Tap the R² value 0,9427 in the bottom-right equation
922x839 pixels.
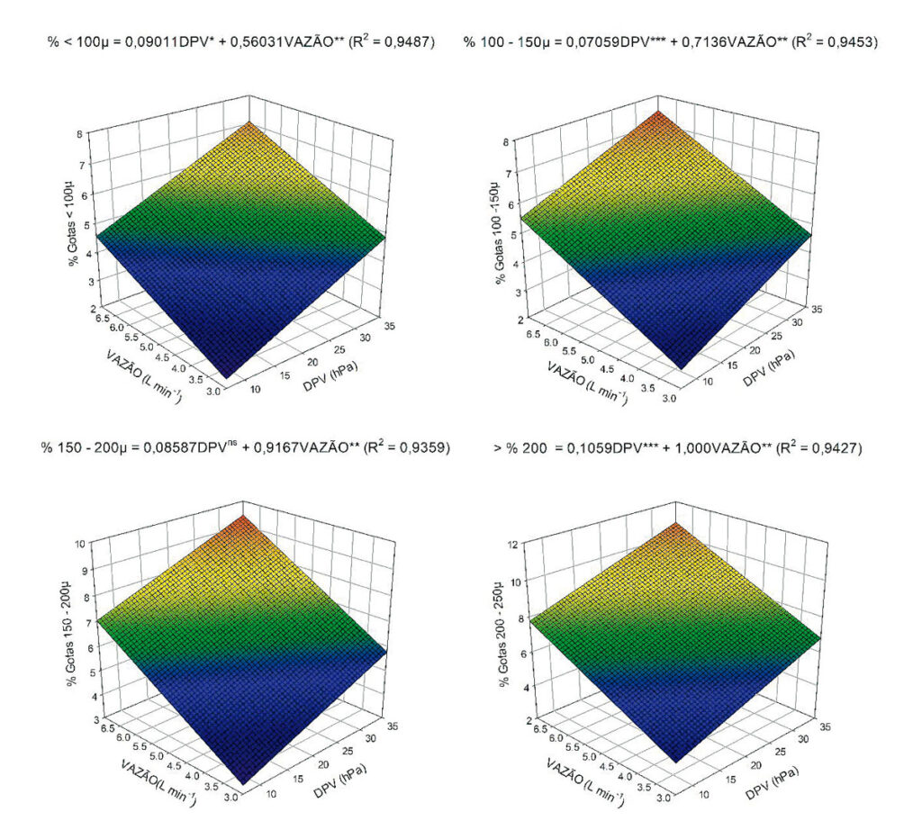834,447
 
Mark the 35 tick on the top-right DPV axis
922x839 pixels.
817,309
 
